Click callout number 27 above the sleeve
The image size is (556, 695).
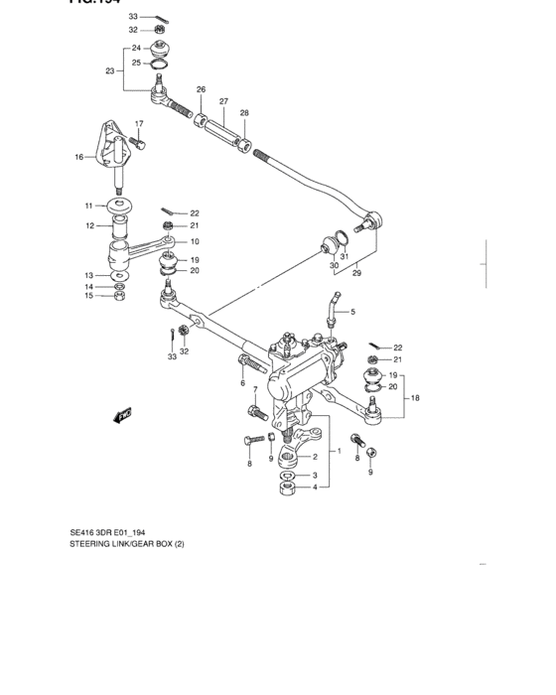pos(224,101)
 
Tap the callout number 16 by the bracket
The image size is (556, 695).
pos(77,157)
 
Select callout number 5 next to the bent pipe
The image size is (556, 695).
pos(351,312)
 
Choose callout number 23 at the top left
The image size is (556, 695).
pos(110,70)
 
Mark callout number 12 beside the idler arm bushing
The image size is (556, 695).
pos(88,225)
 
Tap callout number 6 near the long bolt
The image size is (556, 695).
pos(242,382)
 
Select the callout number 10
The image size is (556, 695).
pos(195,241)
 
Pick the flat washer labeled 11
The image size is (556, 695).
pos(119,207)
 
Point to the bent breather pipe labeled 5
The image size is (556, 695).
pos(329,307)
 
